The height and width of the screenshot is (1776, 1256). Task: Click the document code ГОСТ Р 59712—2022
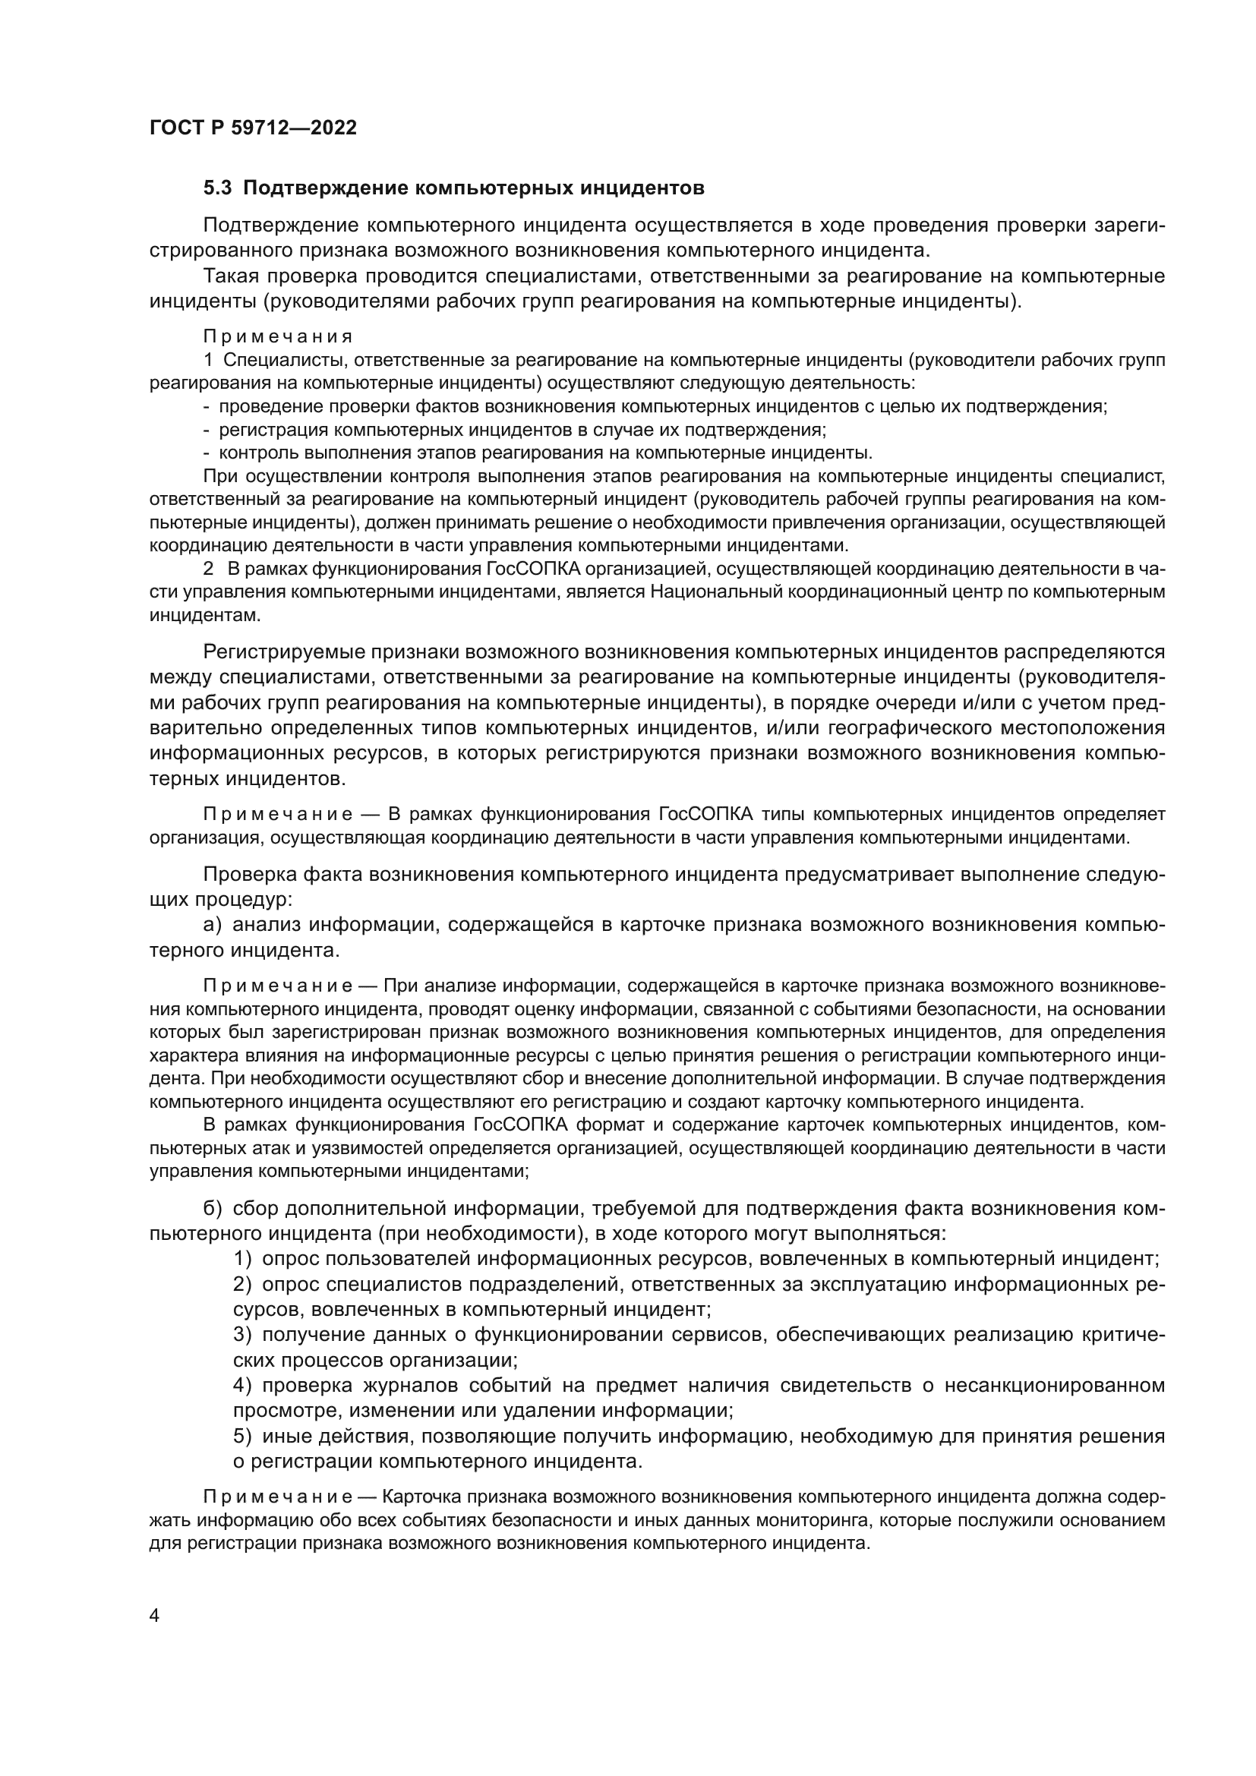coord(253,128)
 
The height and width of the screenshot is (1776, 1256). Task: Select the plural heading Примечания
coord(278,336)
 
